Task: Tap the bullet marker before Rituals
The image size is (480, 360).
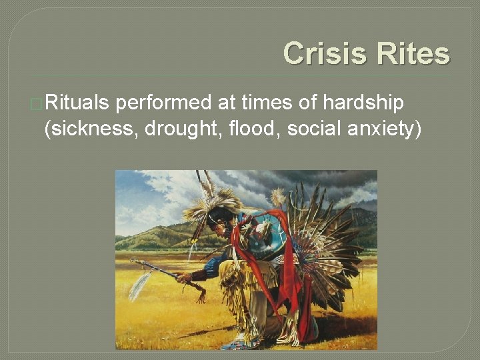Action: (37, 105)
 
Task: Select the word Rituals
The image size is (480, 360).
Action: (77, 103)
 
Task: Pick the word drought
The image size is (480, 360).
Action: (174, 129)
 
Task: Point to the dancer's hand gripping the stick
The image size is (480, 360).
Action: (185, 277)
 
